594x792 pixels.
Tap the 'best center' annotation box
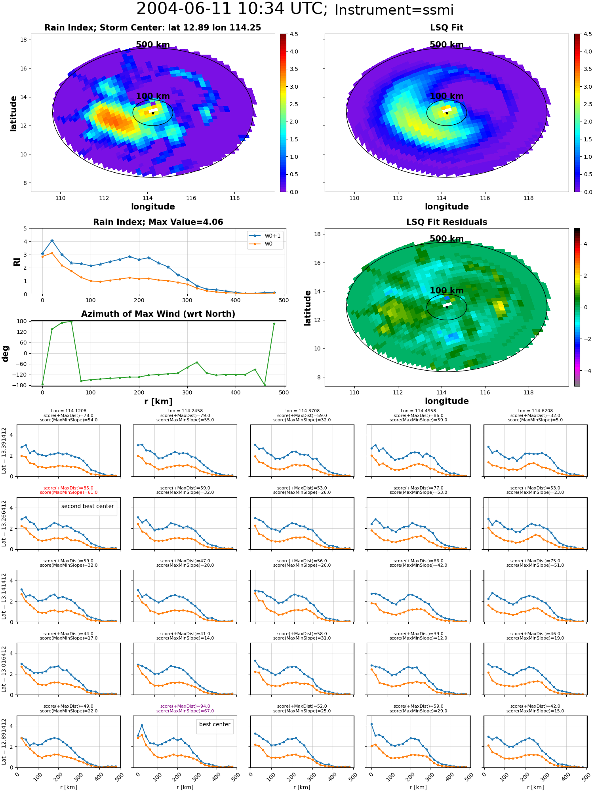point(215,724)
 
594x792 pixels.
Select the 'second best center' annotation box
point(88,506)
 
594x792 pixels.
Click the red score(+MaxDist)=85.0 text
point(69,488)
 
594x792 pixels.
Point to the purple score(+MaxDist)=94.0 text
point(185,706)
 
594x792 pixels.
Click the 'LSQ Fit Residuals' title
point(447,222)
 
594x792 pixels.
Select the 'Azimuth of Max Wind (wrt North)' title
point(158,314)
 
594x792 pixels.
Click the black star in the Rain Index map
point(153,113)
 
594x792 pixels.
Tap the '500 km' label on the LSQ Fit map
point(447,45)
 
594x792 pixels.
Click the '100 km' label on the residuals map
point(447,291)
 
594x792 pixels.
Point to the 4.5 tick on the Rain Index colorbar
point(294,34)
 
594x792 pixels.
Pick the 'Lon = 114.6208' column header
point(535,411)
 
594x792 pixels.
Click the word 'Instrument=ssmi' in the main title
point(394,10)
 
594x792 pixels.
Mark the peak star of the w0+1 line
point(52,240)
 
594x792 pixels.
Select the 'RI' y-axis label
point(17,261)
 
